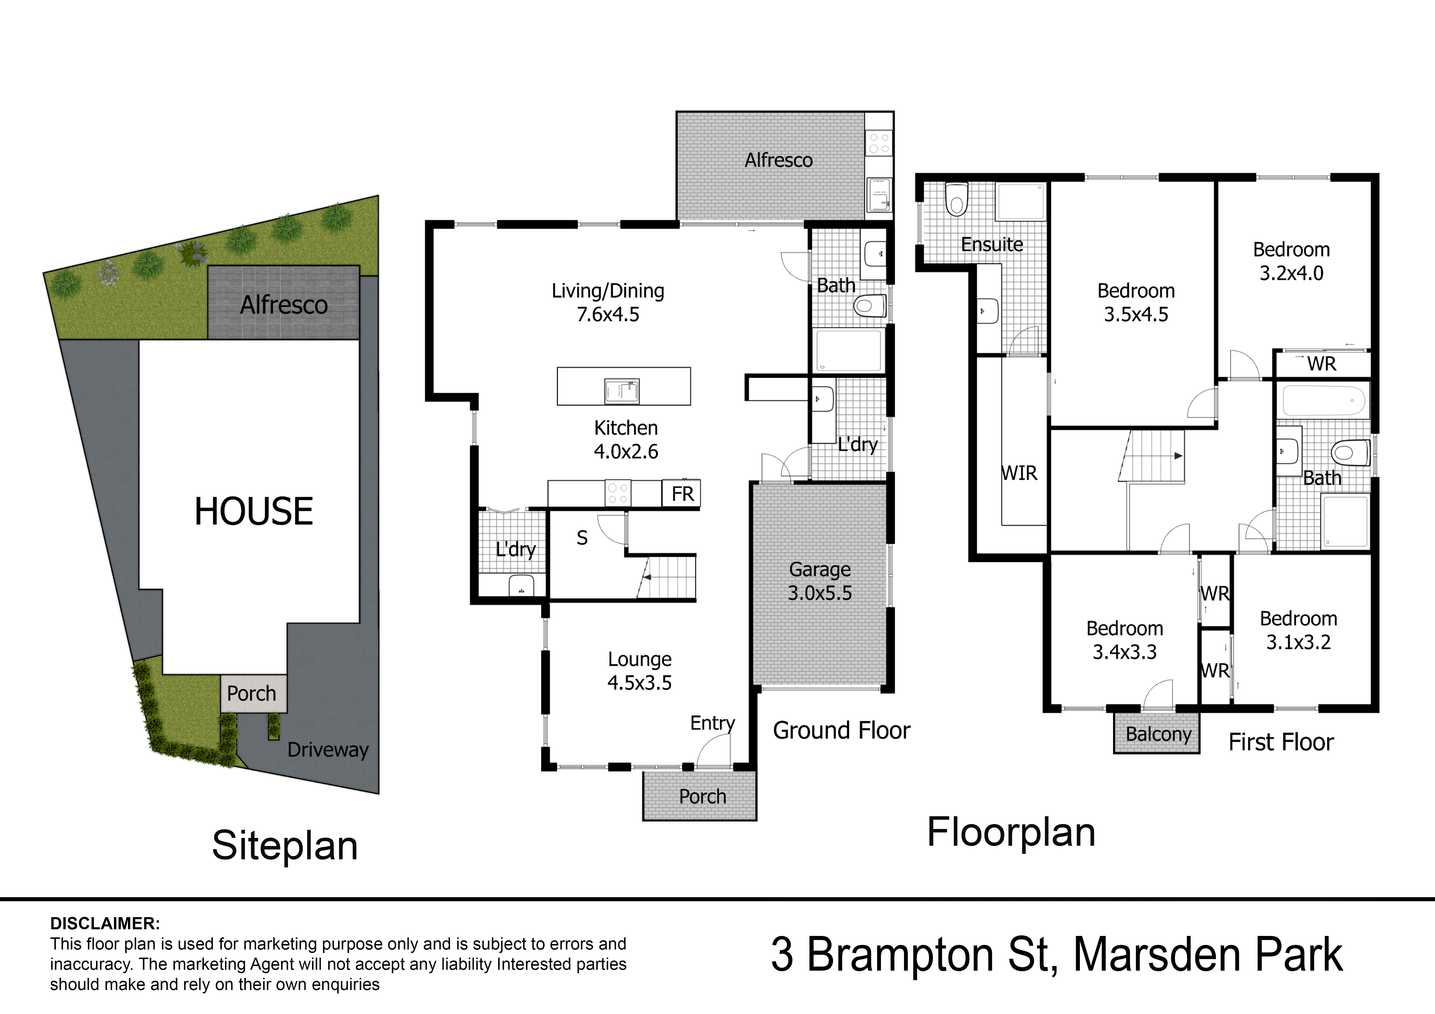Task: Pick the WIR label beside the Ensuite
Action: coord(1019,473)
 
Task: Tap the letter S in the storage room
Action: coord(582,538)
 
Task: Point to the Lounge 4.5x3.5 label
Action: coord(639,671)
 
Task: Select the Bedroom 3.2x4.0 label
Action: coord(1291,261)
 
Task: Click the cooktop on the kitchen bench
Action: coord(617,493)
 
